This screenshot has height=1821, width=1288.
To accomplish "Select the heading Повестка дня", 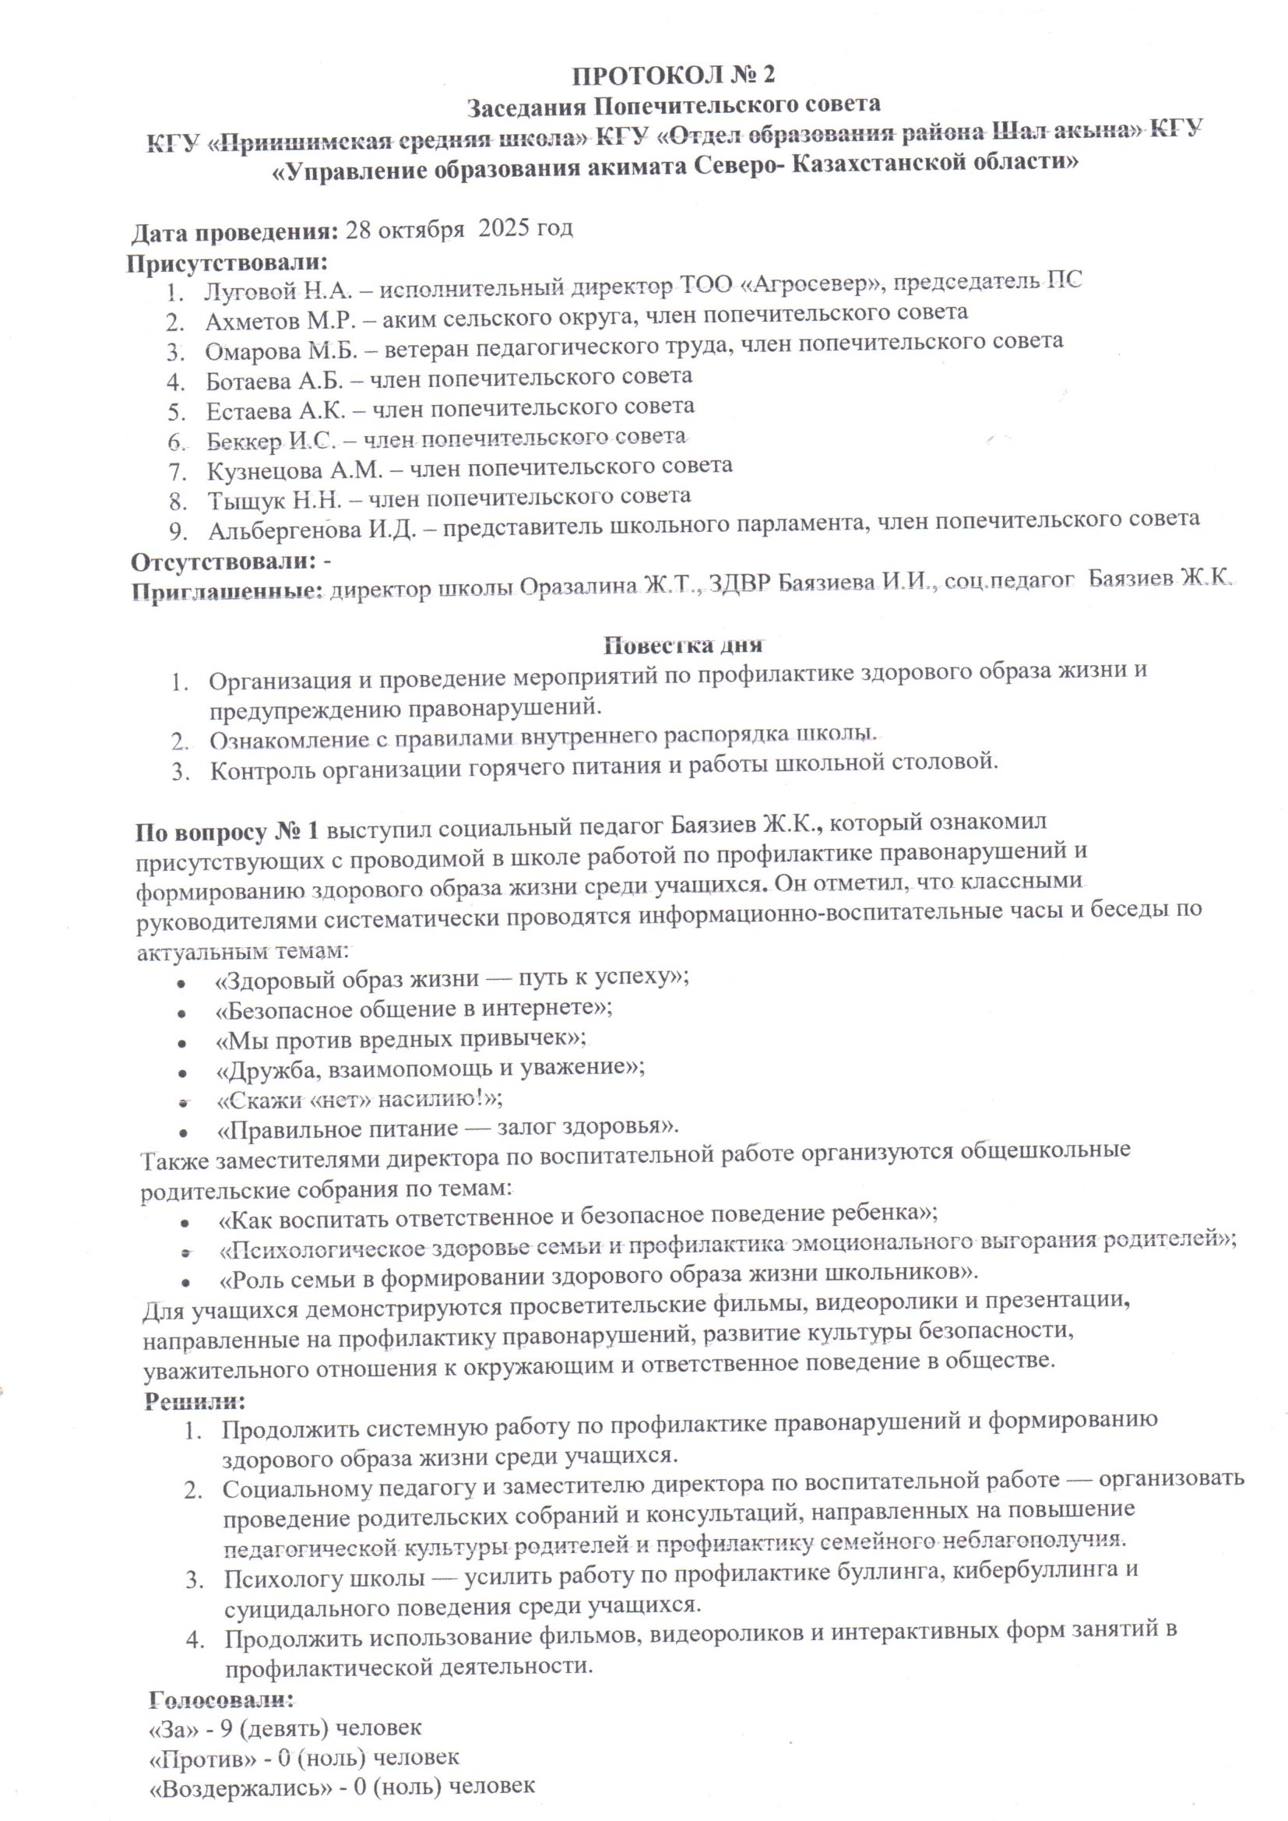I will pyautogui.click(x=683, y=645).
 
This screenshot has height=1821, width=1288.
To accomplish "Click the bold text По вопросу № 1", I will pyautogui.click(x=227, y=831).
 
